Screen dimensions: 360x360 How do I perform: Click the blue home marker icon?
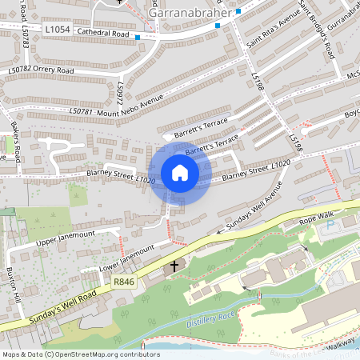[180, 173]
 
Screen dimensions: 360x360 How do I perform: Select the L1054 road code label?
[58, 30]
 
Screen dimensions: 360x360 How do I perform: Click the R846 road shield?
[124, 281]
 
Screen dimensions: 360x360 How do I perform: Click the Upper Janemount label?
[65, 238]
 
